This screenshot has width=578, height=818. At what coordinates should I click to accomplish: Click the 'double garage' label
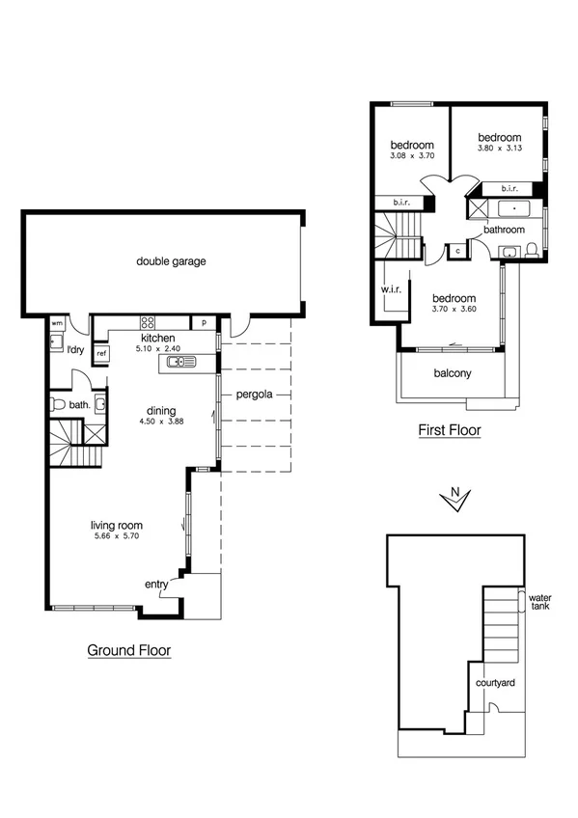[171, 260]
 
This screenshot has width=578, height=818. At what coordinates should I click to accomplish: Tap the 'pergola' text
[251, 395]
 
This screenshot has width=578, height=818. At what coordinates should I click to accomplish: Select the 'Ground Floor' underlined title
[129, 650]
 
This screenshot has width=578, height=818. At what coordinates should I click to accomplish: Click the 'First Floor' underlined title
[449, 430]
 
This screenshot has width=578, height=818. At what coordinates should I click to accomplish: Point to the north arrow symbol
[454, 499]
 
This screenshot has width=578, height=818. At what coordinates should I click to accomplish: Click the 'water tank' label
[540, 602]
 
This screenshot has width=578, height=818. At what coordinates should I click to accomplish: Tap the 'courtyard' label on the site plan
[495, 683]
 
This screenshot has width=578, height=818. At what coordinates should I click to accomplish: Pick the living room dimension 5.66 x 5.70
[117, 535]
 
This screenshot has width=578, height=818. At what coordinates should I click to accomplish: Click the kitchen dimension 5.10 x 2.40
[157, 349]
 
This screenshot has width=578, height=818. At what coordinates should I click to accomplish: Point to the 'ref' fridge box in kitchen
[101, 354]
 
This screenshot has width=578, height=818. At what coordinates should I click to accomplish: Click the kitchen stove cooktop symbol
[149, 322]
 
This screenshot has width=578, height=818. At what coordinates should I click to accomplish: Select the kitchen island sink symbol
[179, 363]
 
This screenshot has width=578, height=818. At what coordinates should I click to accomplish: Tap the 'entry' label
[156, 585]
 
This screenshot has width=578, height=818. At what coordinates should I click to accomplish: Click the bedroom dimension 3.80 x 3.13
[499, 149]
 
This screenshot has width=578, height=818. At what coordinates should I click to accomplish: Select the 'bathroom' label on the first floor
[504, 230]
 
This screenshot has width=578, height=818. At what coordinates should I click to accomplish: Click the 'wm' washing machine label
[57, 322]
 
